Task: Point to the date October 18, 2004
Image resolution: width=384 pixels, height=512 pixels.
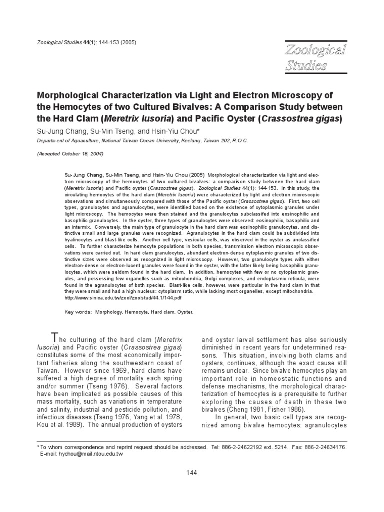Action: (79, 155)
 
